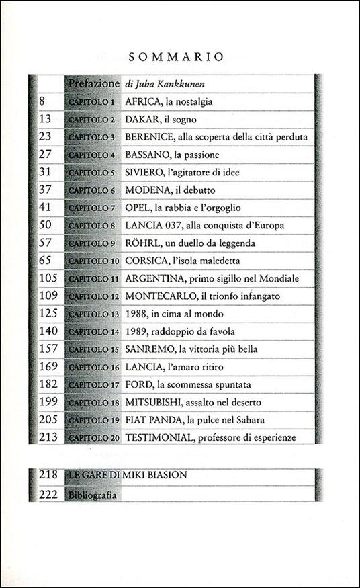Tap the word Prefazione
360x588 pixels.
[93, 85]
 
